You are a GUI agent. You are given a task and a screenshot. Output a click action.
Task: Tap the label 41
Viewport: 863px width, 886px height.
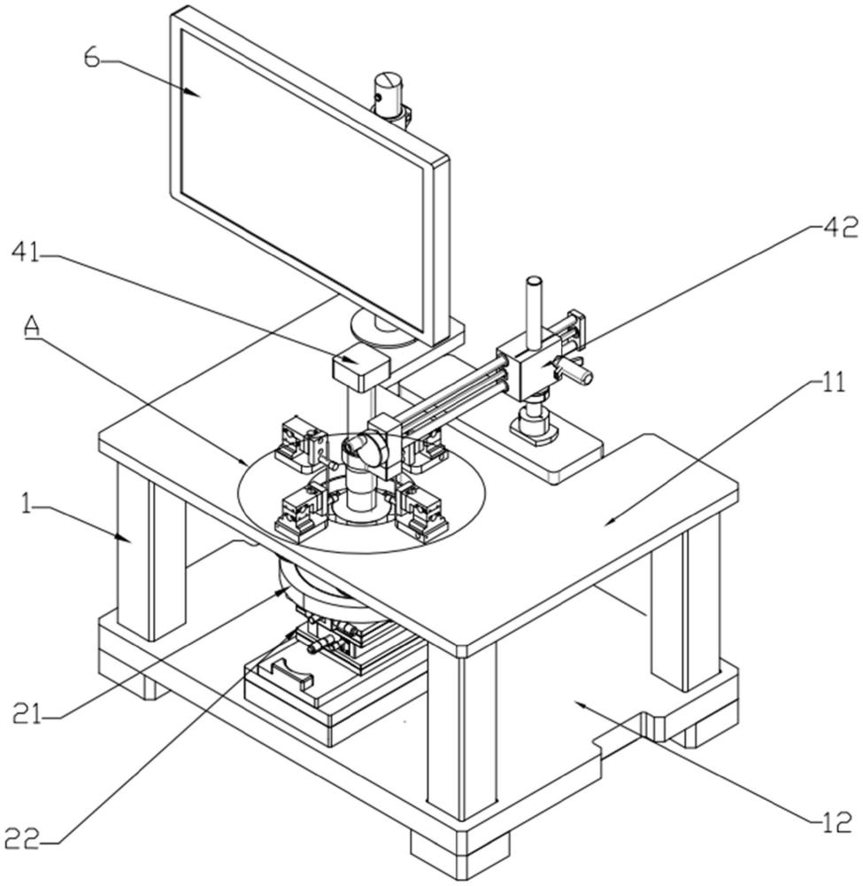pos(26,253)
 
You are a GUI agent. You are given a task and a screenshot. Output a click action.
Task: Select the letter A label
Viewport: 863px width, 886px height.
pos(32,327)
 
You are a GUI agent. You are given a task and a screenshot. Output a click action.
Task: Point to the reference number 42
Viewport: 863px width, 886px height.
pos(842,227)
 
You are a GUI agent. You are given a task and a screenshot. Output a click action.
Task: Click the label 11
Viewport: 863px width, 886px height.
pos(834,383)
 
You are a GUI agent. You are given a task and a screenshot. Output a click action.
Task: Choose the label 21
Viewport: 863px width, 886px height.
pos(27,714)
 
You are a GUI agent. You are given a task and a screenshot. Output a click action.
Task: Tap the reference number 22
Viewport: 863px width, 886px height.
pos(23,838)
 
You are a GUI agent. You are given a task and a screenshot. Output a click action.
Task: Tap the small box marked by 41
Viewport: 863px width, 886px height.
pos(360,369)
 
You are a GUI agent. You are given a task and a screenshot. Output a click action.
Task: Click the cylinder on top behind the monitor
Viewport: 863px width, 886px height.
pos(390,95)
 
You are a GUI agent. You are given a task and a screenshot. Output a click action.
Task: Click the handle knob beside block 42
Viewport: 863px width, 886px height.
pos(574,370)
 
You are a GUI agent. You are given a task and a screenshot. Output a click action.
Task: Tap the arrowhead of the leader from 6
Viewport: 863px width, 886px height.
pos(196,93)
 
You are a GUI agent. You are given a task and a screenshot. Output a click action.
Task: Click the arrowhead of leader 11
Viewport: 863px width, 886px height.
pos(611,523)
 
